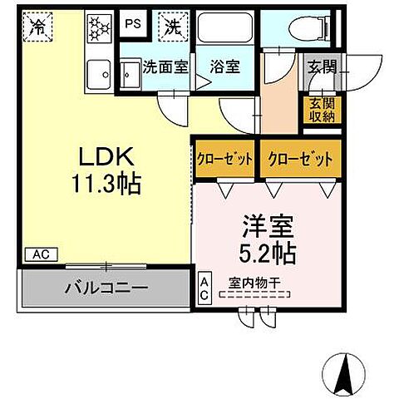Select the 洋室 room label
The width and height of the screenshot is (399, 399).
[267, 226]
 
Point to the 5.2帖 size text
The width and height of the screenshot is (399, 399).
[267, 250]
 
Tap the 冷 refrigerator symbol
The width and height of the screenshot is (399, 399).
[37, 27]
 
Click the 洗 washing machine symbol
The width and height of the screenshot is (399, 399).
[173, 26]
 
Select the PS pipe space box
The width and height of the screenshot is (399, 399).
[132, 25]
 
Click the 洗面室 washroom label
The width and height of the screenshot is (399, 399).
[164, 67]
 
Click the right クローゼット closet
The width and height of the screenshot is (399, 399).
[300, 158]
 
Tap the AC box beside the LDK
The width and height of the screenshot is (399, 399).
[37, 254]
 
